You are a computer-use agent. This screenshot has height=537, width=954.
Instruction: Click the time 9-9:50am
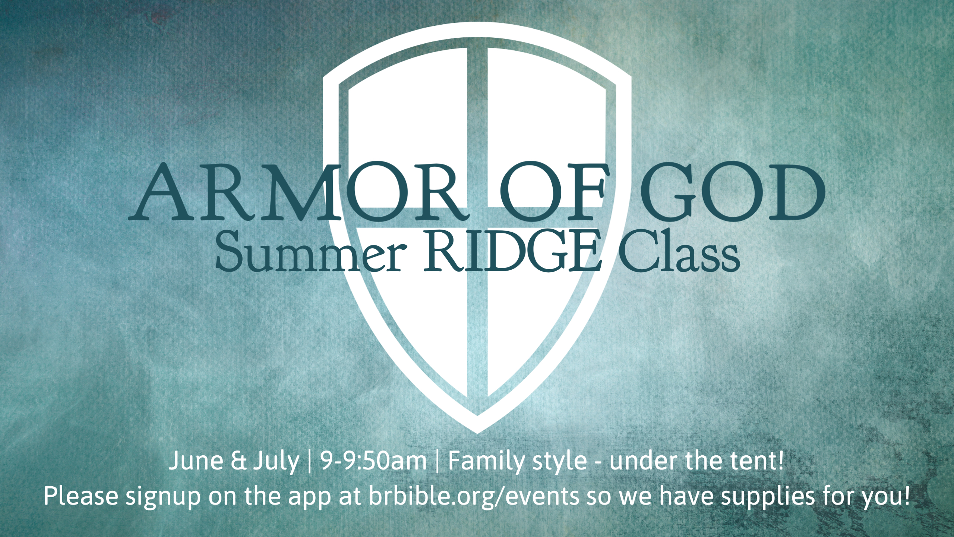(373, 461)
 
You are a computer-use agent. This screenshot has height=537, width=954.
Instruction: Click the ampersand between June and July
(238, 461)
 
